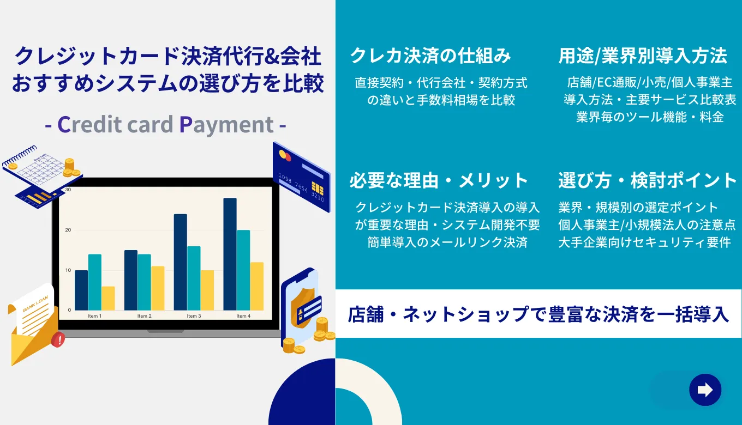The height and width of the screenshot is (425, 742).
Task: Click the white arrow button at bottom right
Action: (705, 390)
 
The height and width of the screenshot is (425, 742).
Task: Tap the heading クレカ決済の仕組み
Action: (430, 55)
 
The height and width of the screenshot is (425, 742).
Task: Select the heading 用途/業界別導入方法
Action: (643, 55)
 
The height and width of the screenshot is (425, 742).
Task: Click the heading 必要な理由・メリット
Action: (439, 180)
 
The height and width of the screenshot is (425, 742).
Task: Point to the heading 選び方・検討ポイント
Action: (648, 180)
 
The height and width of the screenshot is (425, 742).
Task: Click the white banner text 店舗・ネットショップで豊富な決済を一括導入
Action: (538, 314)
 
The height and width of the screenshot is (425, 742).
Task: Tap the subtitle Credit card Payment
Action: (165, 124)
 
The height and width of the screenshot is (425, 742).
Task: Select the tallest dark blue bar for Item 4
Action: (230, 254)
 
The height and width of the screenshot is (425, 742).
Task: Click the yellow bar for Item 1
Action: (108, 298)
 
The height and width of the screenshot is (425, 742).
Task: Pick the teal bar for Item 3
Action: (194, 278)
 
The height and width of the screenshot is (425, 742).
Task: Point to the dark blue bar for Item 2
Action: (131, 280)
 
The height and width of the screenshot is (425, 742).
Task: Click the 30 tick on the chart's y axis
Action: (68, 190)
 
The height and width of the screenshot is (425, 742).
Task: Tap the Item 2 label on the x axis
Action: (144, 316)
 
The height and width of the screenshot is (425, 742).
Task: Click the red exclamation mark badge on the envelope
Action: (58, 341)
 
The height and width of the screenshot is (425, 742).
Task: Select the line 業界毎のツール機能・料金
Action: (650, 117)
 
